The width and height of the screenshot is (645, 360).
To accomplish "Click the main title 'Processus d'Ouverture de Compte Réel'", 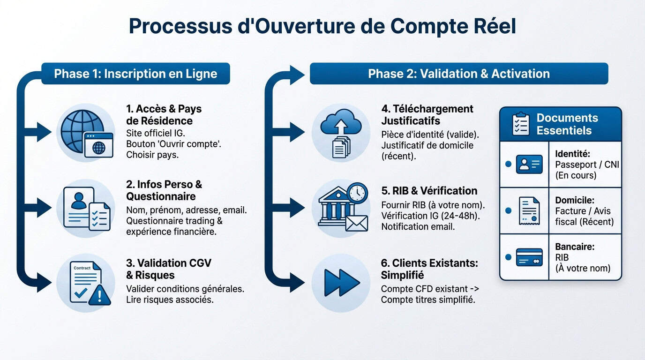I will [322, 27].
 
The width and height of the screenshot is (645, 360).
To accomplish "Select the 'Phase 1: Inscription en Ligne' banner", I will [135, 74].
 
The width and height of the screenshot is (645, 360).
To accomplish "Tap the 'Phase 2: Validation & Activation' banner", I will [458, 74].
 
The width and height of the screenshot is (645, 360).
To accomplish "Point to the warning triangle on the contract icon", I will [102, 295].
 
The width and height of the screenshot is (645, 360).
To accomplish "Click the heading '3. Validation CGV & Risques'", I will [169, 269].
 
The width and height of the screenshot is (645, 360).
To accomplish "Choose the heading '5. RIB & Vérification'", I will [429, 191].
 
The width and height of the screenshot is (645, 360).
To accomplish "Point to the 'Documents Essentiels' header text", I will [567, 124].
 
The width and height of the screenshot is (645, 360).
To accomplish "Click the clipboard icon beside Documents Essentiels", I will [521, 124].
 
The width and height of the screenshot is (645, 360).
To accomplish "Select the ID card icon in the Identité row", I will [529, 165].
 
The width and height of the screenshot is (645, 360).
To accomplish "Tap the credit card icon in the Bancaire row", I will [529, 257].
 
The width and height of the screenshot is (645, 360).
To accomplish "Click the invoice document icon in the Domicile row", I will [529, 210].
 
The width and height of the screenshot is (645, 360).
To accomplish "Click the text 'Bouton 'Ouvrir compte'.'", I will [173, 144].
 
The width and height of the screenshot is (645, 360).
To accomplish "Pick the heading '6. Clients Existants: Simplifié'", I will [429, 269].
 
